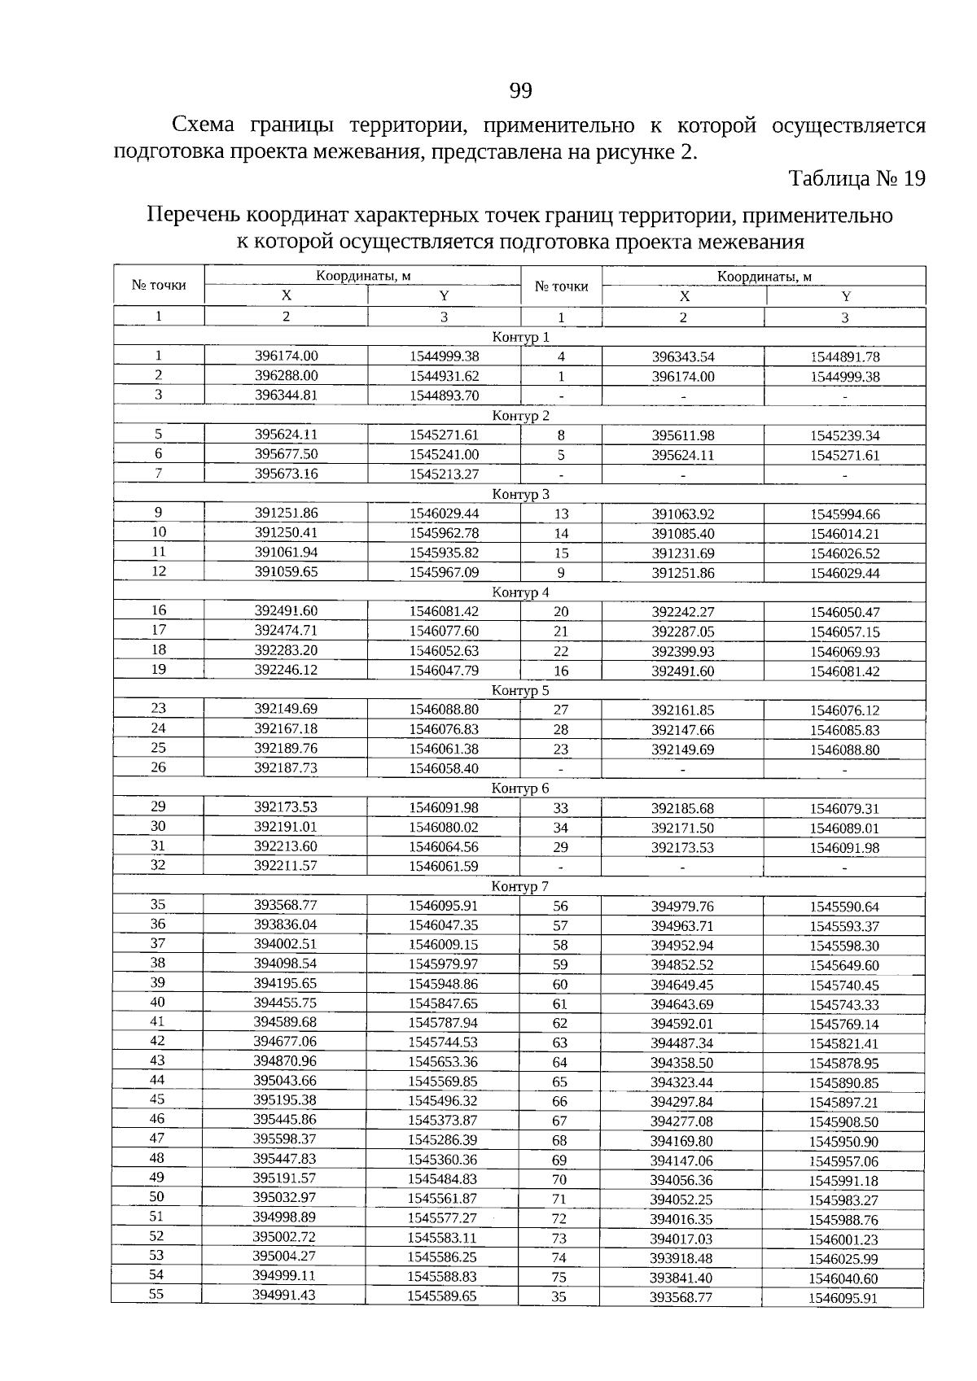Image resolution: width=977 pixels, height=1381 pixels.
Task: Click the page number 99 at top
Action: [x=520, y=90]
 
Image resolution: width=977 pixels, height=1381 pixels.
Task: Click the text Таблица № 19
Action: [x=857, y=179]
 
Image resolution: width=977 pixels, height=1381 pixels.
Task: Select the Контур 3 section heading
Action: [x=521, y=494]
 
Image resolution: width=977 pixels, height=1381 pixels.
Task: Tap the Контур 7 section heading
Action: [x=520, y=885]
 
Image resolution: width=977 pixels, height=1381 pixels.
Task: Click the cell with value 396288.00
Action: [x=286, y=375]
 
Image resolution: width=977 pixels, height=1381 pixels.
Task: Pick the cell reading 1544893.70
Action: [x=444, y=396]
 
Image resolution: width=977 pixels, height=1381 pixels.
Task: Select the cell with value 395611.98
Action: [x=683, y=435]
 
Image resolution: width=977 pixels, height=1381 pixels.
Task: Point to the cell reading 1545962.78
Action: [x=444, y=533]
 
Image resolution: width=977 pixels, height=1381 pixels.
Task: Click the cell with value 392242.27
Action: [x=683, y=612]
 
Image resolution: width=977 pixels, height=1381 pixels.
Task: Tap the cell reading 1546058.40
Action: [x=444, y=768]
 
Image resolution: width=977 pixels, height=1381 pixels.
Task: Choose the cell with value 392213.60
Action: [x=286, y=846]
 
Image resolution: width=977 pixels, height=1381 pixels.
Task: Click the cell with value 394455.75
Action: [x=285, y=1003]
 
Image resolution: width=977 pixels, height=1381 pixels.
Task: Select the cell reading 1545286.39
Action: [x=443, y=1140]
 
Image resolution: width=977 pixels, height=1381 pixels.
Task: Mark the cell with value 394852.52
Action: [x=682, y=965]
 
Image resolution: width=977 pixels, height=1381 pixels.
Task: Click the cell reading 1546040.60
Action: [x=843, y=1278]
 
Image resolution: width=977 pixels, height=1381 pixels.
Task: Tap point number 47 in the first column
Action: [x=158, y=1138]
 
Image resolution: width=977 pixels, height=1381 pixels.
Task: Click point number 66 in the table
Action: [x=560, y=1102]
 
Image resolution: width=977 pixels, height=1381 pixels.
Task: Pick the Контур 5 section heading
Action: [x=521, y=690]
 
